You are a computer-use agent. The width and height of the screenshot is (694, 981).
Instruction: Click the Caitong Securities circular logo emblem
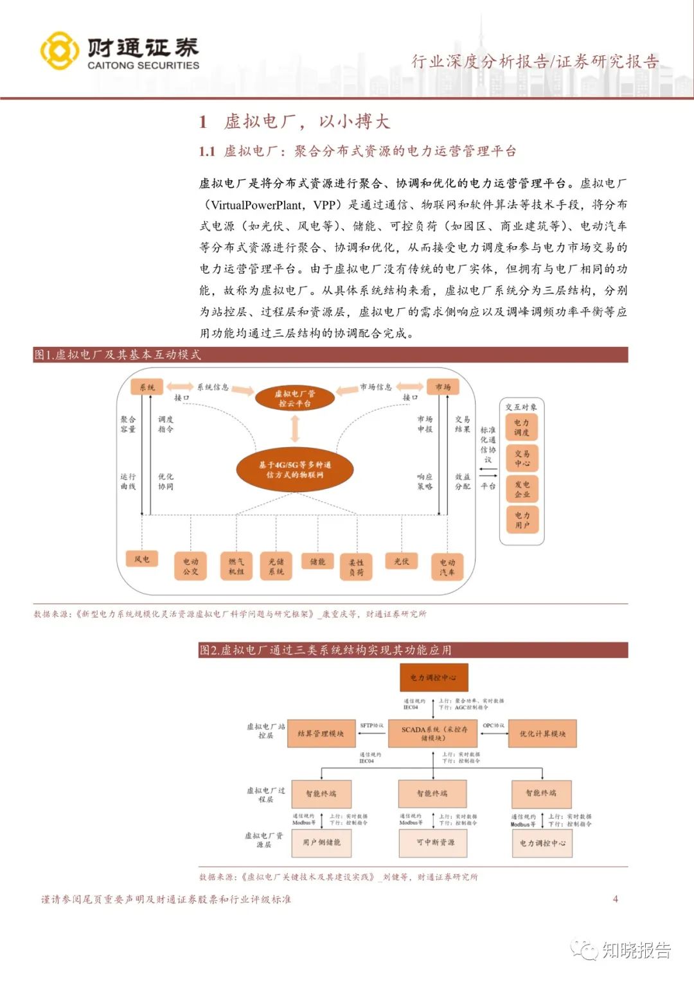pyautogui.click(x=60, y=51)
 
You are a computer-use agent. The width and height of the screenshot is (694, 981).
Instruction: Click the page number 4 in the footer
pyautogui.click(x=615, y=899)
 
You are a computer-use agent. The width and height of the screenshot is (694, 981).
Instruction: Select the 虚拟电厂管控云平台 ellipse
pyautogui.click(x=295, y=398)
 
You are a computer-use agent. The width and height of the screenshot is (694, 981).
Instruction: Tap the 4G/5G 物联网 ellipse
pyautogui.click(x=295, y=470)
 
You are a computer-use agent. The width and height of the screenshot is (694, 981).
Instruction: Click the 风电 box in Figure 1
pyautogui.click(x=142, y=560)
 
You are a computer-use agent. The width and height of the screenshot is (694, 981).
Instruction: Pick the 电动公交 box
pyautogui.click(x=191, y=566)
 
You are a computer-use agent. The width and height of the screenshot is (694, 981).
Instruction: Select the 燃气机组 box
pyautogui.click(x=236, y=566)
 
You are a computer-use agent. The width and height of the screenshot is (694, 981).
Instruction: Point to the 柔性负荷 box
pyautogui.click(x=356, y=567)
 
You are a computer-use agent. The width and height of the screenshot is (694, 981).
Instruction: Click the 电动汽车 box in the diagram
pyautogui.click(x=447, y=567)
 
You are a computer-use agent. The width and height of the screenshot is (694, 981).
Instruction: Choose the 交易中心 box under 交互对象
pyautogui.click(x=522, y=458)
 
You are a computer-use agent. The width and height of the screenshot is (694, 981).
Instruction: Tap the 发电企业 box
pyautogui.click(x=522, y=489)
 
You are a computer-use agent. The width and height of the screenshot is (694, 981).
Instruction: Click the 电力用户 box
pyautogui.click(x=522, y=520)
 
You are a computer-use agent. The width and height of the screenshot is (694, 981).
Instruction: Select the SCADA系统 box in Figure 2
pyautogui.click(x=434, y=734)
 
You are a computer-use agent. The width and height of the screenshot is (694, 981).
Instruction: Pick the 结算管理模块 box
pyautogui.click(x=321, y=734)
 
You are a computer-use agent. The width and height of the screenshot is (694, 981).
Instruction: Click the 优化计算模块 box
pyautogui.click(x=542, y=734)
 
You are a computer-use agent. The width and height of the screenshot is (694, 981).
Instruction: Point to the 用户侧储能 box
pyautogui.click(x=321, y=842)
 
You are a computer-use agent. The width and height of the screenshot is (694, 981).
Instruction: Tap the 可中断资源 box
pyautogui.click(x=434, y=842)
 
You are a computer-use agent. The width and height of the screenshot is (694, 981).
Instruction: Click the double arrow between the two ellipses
pyautogui.click(x=295, y=429)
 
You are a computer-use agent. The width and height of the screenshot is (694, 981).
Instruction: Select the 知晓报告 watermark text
pyautogui.click(x=636, y=950)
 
